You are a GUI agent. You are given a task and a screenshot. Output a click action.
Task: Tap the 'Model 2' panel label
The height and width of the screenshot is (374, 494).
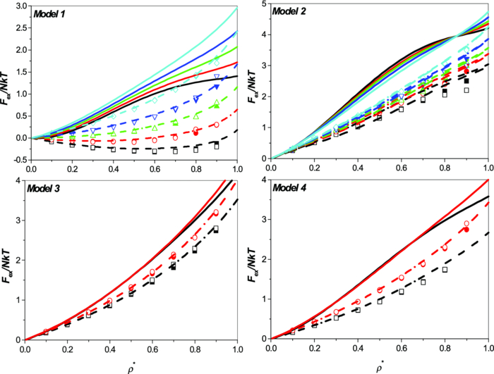coord(293,14)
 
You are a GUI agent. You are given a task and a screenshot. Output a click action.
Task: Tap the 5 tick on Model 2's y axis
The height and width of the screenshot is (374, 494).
coord(265,6)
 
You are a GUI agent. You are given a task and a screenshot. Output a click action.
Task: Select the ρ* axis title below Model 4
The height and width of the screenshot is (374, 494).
coord(380,366)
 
